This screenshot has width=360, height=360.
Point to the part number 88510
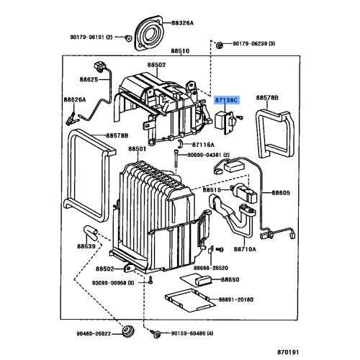pyautogui.click(x=180, y=52)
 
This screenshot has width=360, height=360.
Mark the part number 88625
pyautogui.click(x=89, y=78)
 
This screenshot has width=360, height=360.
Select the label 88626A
pyautogui.click(x=74, y=99)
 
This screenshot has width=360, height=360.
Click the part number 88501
pyautogui.click(x=138, y=149)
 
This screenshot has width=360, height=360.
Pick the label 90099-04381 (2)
pyautogui.click(x=209, y=155)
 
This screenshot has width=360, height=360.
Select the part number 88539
pyautogui.click(x=86, y=246)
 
